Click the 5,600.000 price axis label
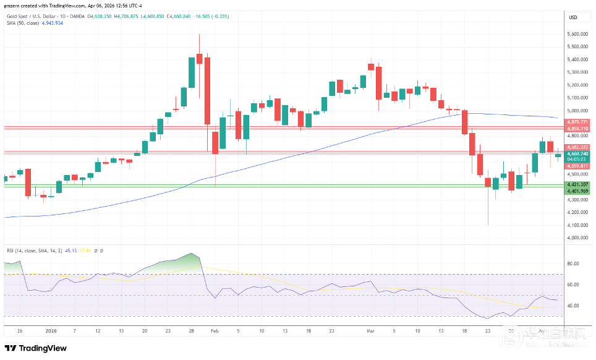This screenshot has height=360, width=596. [577, 34]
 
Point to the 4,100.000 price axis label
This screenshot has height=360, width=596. [577, 225]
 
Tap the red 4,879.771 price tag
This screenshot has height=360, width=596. [577, 122]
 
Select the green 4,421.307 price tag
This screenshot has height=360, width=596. [577, 184]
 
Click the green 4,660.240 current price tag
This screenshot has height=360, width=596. [577, 153]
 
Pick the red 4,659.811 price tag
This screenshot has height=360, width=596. [577, 166]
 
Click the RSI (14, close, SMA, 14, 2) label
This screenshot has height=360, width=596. [33, 251]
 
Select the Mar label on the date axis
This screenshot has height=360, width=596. [371, 332]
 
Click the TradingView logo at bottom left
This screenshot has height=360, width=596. [35, 348]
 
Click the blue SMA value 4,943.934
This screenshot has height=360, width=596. [52, 23]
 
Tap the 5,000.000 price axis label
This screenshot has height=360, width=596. [577, 110]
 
